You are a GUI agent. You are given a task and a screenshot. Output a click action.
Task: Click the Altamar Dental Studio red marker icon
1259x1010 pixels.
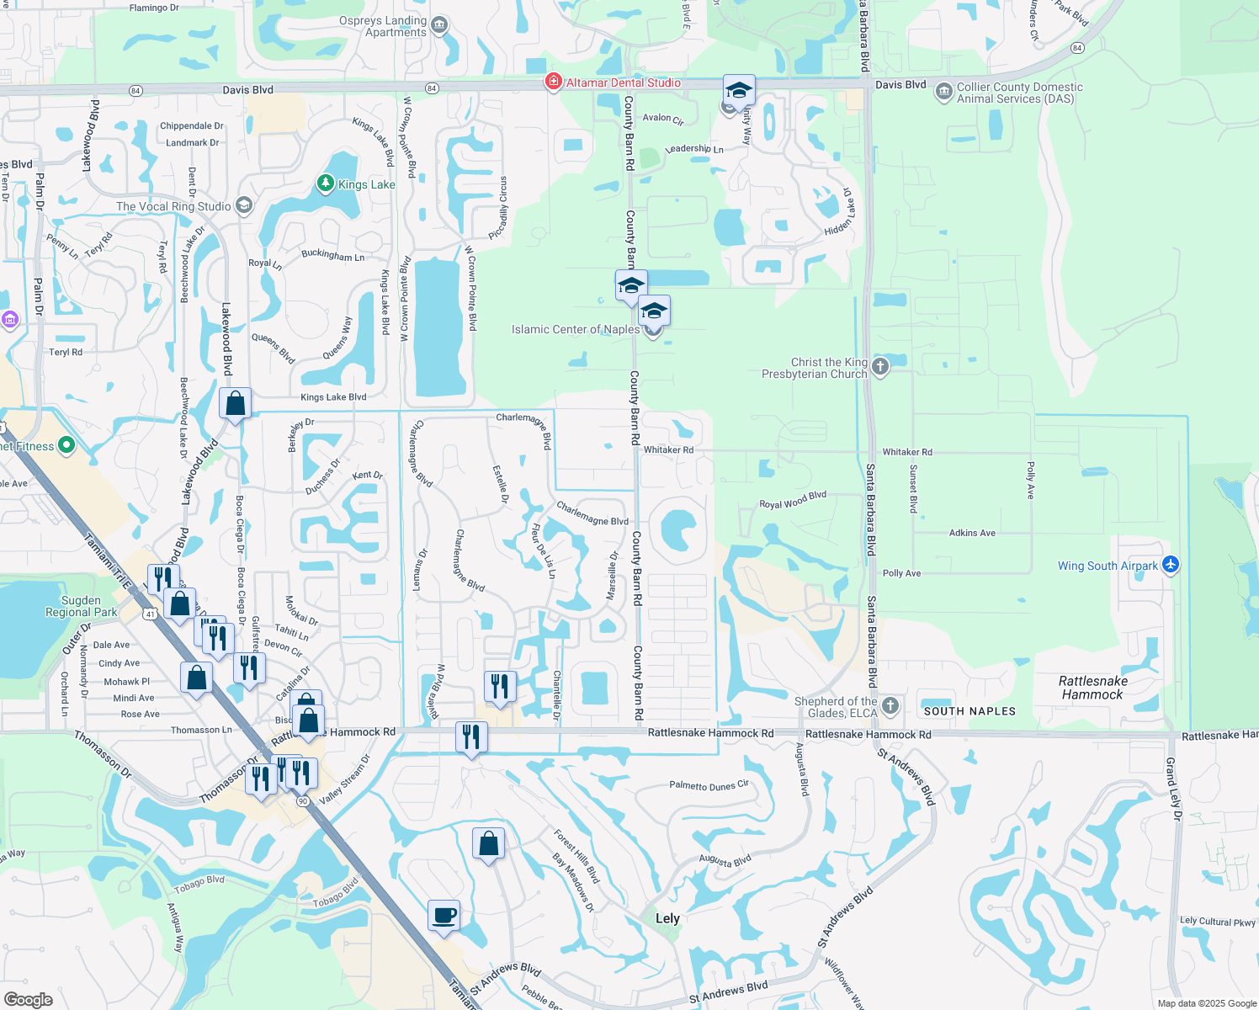[553, 82]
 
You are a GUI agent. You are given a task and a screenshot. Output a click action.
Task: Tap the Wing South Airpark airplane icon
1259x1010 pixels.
[1171, 565]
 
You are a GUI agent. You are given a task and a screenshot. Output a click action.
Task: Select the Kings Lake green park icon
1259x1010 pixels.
[326, 183]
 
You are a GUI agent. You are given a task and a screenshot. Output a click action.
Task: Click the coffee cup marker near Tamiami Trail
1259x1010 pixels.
[444, 915]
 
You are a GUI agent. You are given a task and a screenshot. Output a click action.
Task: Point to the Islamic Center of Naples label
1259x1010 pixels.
[576, 329]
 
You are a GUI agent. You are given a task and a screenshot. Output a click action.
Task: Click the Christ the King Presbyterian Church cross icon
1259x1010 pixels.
[880, 366]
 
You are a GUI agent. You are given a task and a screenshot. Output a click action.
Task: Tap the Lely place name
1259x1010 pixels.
[667, 918]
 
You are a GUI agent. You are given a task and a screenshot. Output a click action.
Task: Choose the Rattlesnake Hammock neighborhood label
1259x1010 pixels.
[1092, 688]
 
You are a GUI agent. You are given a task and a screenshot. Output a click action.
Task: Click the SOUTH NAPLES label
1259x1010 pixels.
[969, 711]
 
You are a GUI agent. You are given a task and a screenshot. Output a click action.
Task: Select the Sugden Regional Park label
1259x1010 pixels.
[82, 606]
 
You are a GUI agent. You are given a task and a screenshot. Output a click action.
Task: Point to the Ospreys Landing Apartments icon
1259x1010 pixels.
[439, 26]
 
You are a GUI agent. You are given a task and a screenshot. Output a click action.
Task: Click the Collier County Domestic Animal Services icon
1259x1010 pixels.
[944, 91]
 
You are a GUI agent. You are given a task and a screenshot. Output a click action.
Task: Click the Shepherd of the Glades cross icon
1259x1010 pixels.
[890, 706]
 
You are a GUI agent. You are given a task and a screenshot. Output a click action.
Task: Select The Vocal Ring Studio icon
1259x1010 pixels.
[244, 205]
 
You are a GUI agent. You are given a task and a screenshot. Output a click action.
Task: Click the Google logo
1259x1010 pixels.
[29, 999]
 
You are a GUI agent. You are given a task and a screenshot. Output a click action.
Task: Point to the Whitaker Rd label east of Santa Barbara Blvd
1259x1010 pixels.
[907, 452]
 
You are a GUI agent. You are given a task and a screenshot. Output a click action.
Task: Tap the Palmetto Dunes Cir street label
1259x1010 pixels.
[709, 785]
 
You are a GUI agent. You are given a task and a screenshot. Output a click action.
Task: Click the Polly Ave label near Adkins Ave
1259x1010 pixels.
[901, 573]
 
